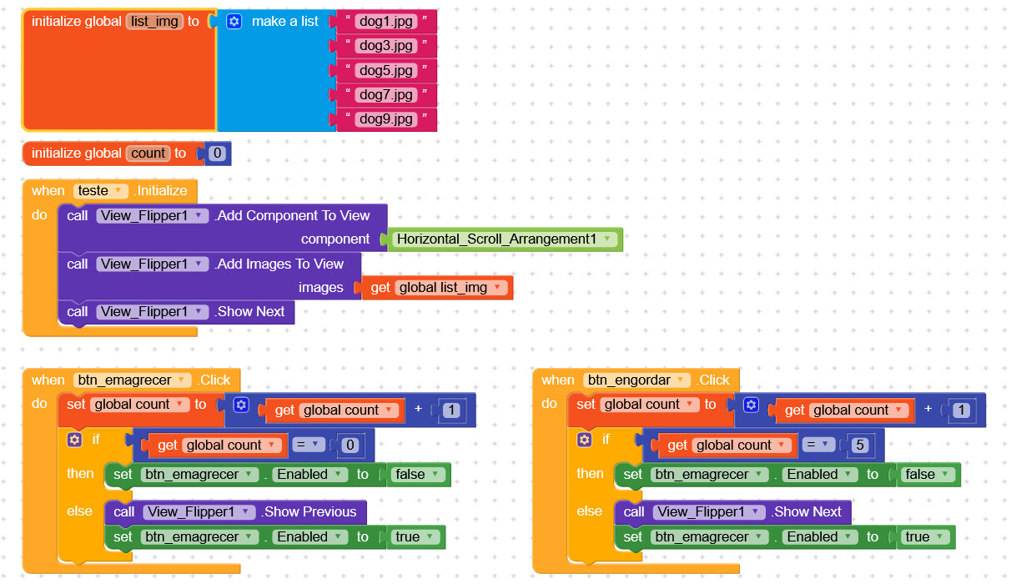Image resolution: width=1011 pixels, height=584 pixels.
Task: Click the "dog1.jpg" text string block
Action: tap(386, 22)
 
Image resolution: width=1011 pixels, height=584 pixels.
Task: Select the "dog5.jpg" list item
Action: tap(386, 70)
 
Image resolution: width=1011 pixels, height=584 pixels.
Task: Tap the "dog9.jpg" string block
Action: tap(386, 118)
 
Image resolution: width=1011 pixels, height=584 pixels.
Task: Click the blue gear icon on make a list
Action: tap(234, 22)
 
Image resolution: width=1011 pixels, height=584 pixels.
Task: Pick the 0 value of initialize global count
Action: tap(218, 154)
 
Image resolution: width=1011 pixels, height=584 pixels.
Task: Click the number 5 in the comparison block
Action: tap(861, 446)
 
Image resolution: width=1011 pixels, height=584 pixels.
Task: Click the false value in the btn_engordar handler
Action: tap(927, 475)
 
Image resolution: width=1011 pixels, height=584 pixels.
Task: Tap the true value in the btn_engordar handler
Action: tap(923, 537)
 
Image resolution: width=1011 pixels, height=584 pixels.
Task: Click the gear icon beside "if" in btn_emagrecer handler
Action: tap(75, 439)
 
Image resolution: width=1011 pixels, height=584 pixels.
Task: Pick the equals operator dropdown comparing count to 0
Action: tap(308, 446)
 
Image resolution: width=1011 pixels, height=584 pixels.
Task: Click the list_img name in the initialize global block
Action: tap(154, 22)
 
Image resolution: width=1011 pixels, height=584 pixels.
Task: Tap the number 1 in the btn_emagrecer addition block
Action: tap(451, 410)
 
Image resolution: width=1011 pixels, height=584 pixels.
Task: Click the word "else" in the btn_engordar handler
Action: tap(589, 511)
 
